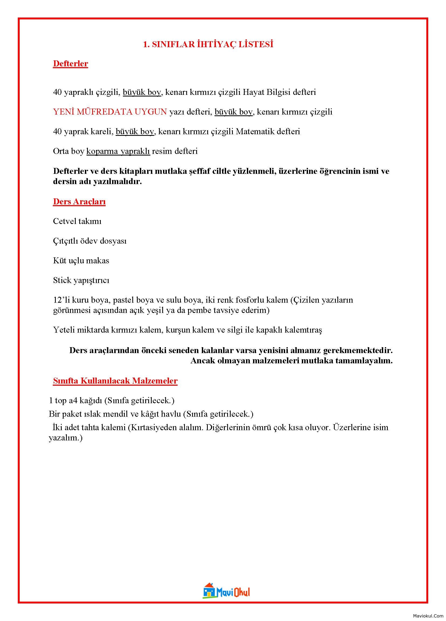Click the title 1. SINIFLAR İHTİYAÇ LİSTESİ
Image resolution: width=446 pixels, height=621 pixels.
coord(208,44)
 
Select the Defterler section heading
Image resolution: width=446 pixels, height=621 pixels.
coord(70,64)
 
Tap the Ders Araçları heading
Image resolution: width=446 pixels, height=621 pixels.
coord(79,202)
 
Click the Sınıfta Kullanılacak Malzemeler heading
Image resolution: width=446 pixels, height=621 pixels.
coord(115,381)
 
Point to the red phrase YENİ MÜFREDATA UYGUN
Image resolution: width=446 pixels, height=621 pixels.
coord(110,112)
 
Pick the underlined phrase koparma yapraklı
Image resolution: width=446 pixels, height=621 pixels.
coord(118,151)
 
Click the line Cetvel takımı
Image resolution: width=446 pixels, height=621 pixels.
coord(77,221)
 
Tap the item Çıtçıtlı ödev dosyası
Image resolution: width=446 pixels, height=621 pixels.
coord(90,241)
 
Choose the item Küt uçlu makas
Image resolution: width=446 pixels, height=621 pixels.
coord(81,261)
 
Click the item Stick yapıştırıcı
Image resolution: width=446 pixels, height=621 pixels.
coord(81,280)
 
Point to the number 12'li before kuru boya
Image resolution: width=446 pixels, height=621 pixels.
coord(60,300)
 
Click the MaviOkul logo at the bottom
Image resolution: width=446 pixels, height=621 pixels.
coord(226,590)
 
